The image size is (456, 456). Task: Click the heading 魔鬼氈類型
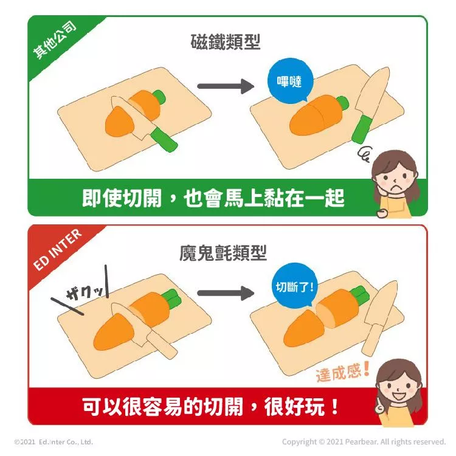coord(223,253)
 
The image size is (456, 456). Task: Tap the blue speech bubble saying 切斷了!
coord(295,286)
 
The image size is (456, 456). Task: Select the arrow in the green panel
coord(226,86)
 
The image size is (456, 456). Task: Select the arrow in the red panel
coord(226,293)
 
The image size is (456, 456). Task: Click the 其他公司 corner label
coord(55,40)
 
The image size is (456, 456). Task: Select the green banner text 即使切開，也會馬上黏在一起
coord(213,198)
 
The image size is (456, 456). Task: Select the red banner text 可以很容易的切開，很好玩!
coord(210,406)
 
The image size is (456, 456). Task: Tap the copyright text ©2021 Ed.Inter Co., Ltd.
coord(54,442)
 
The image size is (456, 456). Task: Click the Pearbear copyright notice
coord(364,442)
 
